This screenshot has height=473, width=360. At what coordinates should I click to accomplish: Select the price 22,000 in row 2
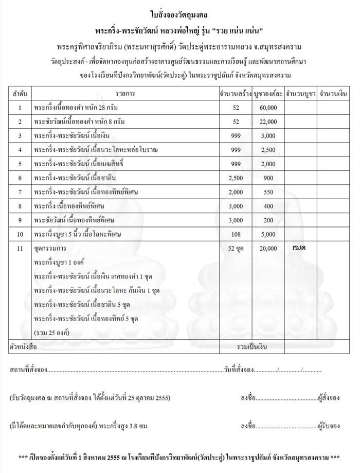[268, 122]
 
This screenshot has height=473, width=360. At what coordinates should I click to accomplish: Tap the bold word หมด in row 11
[299, 248]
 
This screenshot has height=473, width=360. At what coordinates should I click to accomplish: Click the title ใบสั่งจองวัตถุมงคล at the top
[179, 11]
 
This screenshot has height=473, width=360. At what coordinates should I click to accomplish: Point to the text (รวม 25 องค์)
[53, 332]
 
